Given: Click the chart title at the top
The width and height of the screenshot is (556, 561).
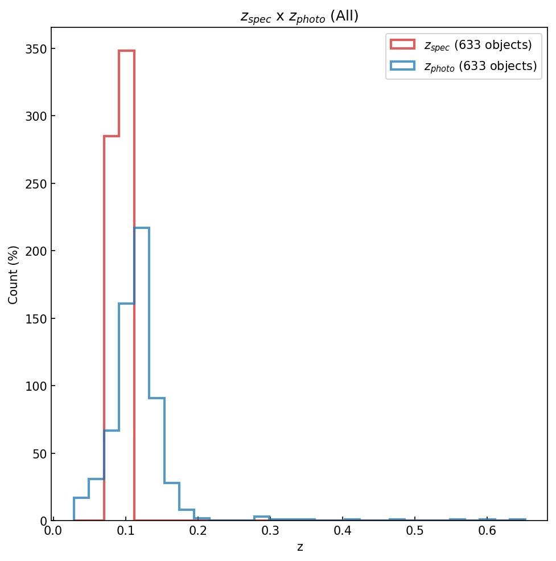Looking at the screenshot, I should click(x=299, y=17).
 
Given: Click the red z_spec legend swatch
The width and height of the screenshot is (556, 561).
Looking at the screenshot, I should click(x=402, y=44).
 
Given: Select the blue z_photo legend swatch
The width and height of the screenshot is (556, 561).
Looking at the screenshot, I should click(x=402, y=66).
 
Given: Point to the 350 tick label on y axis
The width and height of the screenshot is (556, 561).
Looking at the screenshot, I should click(x=35, y=49).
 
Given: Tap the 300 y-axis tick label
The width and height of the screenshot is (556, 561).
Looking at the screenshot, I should click(x=35, y=116).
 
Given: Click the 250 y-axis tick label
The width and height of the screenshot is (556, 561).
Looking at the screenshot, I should click(x=35, y=184).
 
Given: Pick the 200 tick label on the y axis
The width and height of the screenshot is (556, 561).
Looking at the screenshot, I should click(x=35, y=251).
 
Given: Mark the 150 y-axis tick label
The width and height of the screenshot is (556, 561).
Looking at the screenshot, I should click(x=35, y=318).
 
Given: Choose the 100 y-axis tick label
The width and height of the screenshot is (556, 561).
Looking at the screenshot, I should click(x=35, y=386).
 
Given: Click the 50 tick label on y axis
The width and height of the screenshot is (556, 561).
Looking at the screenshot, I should click(x=38, y=454).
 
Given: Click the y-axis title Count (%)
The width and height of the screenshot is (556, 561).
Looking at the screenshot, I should click(x=14, y=275).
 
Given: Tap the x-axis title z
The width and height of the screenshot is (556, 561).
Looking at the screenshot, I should click(x=299, y=547).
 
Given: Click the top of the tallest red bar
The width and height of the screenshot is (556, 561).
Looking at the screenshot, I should click(x=126, y=51).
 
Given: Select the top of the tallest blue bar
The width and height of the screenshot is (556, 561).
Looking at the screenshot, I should click(x=142, y=228).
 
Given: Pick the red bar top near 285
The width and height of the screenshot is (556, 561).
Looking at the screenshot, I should click(x=112, y=136).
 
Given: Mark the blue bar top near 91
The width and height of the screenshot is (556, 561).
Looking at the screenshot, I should click(x=157, y=398).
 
